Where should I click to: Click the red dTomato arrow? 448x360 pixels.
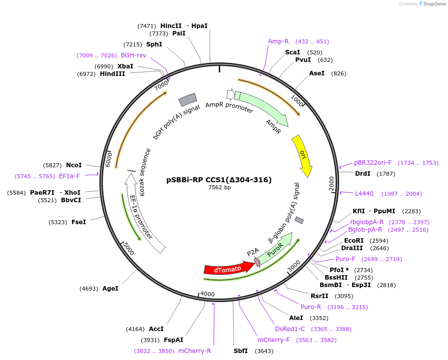229,268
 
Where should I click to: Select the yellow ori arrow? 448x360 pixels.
303,156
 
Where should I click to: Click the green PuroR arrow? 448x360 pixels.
276,249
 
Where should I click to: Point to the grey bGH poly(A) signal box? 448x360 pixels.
187,100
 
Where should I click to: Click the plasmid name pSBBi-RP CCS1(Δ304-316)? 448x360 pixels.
219,180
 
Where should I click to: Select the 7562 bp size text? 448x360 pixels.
219,187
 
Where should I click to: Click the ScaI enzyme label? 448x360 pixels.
293,52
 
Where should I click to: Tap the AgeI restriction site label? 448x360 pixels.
110,289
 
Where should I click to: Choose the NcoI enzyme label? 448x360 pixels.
74,165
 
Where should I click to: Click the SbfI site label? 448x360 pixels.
241,351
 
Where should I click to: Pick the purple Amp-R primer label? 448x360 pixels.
278,41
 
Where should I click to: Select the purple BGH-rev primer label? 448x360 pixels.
133,55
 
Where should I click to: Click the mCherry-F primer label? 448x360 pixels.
273,340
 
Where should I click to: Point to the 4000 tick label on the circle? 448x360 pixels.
207,294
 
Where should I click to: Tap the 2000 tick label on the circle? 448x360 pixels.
332,183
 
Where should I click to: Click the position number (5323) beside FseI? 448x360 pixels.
58,222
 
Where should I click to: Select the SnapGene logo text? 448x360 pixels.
435,3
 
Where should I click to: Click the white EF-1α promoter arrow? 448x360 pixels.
143,213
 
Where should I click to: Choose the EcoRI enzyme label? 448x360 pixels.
354,241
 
